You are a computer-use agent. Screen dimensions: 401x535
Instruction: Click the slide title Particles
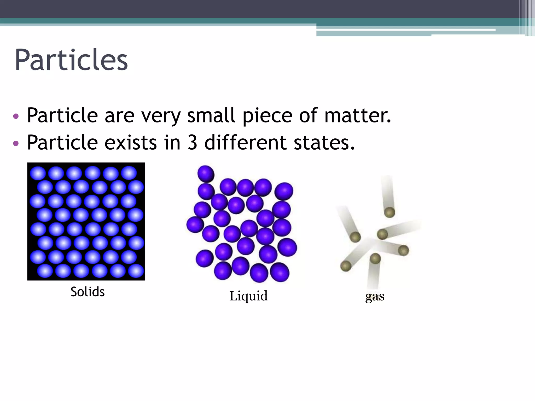[x=71, y=60]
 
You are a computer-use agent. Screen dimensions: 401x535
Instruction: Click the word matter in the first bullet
[x=357, y=115]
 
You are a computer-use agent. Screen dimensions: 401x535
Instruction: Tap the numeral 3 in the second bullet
[x=192, y=143]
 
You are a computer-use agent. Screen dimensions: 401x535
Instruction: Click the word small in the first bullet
[x=211, y=115]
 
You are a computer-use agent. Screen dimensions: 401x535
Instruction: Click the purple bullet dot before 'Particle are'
[x=16, y=116]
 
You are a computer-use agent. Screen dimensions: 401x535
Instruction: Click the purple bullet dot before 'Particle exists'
[x=16, y=143]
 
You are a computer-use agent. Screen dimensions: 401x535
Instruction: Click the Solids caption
[x=88, y=292]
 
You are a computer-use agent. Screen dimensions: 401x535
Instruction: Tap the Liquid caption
[x=248, y=296]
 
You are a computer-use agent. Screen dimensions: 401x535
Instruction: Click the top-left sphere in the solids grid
[x=38, y=173]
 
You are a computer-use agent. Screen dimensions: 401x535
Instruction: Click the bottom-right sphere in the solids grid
[x=136, y=271]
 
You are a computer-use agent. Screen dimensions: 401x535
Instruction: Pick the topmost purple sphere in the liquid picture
[x=206, y=174]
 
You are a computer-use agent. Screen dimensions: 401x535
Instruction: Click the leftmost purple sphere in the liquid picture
[x=195, y=225]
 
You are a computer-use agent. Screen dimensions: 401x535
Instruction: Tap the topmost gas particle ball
[x=389, y=212]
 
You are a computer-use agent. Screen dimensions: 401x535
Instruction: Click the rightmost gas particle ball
[x=403, y=251]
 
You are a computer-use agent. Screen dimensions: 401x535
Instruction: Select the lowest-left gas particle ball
[x=346, y=266]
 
